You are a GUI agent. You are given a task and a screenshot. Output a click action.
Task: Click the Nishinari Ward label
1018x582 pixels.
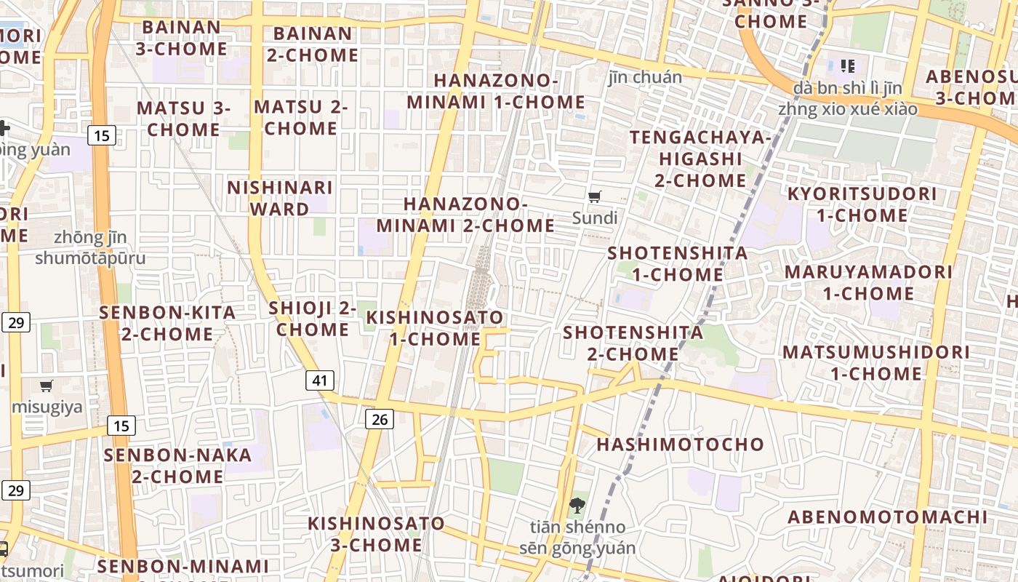pos(280,199)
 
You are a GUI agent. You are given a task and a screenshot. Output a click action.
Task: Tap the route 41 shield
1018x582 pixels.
pos(320,380)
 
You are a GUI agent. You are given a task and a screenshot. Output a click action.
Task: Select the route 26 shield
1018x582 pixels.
pos(379,418)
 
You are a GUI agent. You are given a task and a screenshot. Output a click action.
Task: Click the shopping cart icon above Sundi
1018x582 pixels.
pos(595,196)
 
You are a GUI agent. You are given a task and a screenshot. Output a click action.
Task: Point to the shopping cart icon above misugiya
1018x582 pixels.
pos(47,386)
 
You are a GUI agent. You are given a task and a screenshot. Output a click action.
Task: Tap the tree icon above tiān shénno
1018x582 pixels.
pos(577,505)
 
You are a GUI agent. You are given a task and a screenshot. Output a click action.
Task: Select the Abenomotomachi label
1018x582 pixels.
pos(888,517)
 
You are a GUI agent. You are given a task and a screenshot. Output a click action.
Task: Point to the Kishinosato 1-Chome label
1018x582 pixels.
pos(435,328)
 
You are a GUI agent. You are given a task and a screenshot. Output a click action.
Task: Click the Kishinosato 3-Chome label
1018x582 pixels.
pos(376,534)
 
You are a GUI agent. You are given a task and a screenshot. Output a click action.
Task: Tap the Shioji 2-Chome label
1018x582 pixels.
pos(313,319)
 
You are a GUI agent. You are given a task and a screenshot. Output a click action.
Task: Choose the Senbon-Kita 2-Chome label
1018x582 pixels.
pos(167,324)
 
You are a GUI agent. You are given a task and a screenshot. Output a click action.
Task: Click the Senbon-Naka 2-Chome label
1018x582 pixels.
pos(177,466)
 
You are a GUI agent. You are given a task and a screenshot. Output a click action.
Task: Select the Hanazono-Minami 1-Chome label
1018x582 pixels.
pos(496,91)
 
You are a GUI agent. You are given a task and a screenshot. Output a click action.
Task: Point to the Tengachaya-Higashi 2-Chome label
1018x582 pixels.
pos(700,159)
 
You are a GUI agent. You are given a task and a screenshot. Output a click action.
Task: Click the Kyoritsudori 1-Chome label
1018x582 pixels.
pos(862,204)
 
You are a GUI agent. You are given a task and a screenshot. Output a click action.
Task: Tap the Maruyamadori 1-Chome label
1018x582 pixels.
pos(868,283)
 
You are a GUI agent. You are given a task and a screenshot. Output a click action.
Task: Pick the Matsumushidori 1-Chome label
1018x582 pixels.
pos(875,363)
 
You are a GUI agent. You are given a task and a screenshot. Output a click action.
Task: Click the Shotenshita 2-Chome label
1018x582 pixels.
pos(633,343)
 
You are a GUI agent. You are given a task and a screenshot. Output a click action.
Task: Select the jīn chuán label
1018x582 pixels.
pos(645,77)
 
